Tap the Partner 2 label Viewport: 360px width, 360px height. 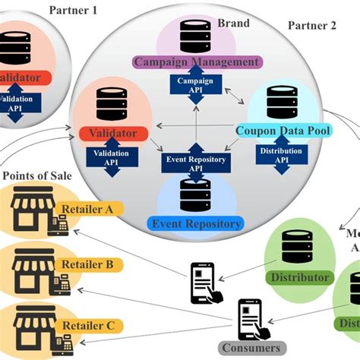point(311,25)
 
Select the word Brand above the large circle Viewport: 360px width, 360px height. point(234,23)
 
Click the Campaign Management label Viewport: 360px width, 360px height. point(197,62)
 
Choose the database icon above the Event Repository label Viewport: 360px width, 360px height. point(196,195)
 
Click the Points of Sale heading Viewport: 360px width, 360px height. point(37,175)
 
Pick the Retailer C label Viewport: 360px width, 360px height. point(89,325)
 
